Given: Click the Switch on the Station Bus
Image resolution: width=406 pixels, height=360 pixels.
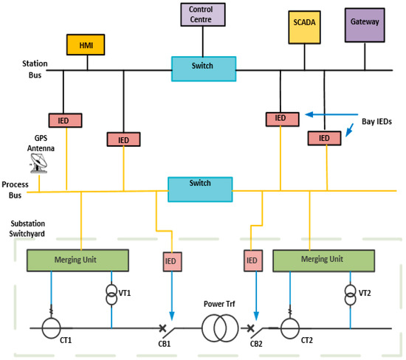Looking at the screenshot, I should click(x=204, y=68).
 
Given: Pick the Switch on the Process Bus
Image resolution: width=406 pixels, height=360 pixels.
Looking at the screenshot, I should click(x=199, y=187).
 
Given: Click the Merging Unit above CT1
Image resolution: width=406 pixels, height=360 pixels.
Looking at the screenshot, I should click(x=78, y=260).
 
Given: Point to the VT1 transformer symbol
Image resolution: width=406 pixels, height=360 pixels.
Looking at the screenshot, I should click(x=111, y=293).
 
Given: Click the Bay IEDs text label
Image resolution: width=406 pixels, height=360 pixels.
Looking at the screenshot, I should click(x=379, y=119).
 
